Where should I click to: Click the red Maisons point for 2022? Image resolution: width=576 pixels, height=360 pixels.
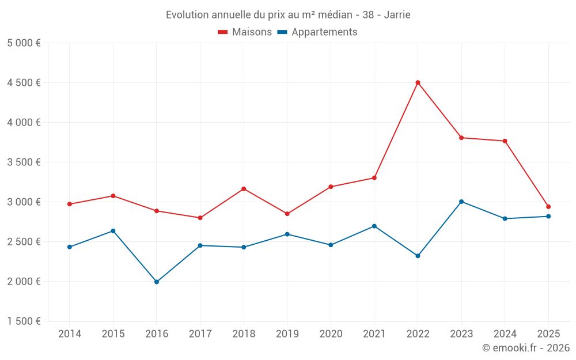click(x=418, y=82)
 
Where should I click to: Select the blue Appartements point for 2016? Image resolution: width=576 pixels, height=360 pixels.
click(x=157, y=282)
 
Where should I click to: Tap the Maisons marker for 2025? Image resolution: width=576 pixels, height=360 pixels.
click(x=548, y=207)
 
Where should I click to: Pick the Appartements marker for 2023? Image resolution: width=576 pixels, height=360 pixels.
click(x=461, y=202)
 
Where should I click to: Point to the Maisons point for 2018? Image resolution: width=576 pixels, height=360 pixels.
click(x=244, y=189)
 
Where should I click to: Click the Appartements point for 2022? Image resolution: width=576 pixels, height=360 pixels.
click(x=418, y=256)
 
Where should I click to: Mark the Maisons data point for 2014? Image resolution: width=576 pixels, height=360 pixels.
click(x=70, y=204)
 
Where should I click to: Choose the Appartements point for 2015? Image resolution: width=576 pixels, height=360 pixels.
click(x=113, y=231)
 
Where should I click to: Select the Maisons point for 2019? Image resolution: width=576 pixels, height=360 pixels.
click(x=287, y=214)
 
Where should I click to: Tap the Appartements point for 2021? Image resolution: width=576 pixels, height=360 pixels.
click(x=374, y=226)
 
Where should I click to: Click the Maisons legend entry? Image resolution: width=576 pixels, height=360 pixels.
click(x=245, y=32)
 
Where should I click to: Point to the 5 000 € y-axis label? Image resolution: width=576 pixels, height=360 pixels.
click(x=24, y=43)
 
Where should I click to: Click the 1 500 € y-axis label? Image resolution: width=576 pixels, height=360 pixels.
click(x=24, y=321)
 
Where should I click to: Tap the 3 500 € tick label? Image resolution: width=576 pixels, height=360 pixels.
click(x=24, y=162)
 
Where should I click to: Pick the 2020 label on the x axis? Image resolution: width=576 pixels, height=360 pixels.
click(x=331, y=334)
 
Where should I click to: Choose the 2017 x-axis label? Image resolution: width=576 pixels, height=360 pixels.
click(x=200, y=334)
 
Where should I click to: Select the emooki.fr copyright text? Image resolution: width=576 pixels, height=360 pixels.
click(x=525, y=348)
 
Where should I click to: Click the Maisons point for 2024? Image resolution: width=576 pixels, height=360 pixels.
click(x=505, y=141)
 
